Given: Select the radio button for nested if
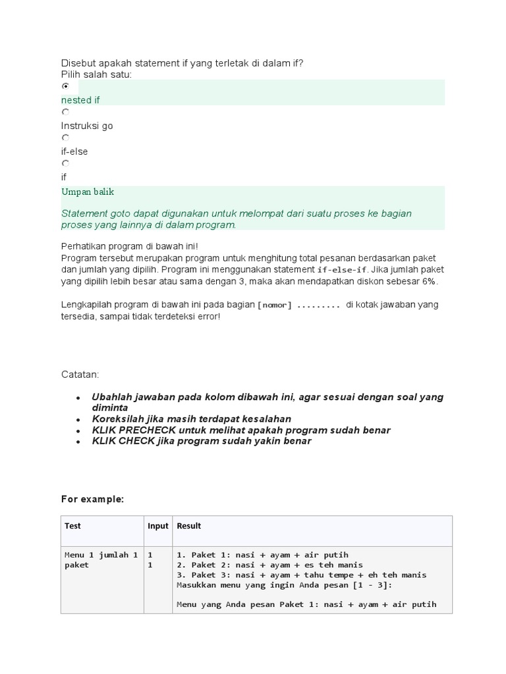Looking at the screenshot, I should point(65,86).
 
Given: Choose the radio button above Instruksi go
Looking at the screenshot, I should point(65,113).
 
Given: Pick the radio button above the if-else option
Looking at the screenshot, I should point(65,138).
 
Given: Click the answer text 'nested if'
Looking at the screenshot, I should point(80,100).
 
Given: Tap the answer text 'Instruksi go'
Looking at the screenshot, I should point(87,126).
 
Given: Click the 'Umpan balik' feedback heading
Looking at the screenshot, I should point(88,192).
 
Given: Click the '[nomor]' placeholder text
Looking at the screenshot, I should point(275,305).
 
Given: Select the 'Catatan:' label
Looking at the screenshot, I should point(80,375).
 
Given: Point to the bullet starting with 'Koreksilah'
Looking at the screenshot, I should point(191,419).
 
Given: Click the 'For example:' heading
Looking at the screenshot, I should point(92,500).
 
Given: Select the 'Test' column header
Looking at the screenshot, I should point(72,526).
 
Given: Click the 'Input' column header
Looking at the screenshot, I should point(157,526).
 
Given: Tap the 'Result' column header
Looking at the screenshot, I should point(188,526).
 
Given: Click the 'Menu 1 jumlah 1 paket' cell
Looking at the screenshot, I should point(101,559).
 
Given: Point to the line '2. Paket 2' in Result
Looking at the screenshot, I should point(269,565).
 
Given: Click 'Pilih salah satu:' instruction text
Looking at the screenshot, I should point(96,74).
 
